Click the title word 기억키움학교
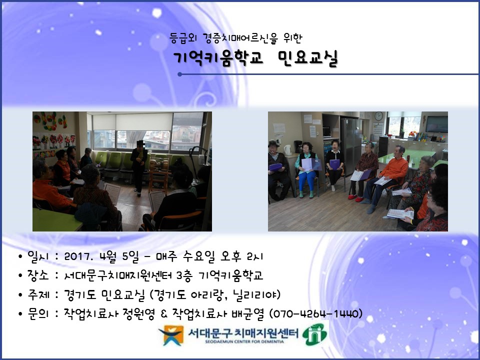point(218,57)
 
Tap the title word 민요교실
point(308,58)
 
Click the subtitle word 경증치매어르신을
point(240,38)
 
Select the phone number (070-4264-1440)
point(315,314)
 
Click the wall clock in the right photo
point(378,116)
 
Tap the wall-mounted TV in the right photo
point(436,124)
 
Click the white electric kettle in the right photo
point(288,149)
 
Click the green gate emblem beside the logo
point(314,334)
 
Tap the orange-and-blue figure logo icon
point(170,335)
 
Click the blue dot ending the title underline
point(179,74)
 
